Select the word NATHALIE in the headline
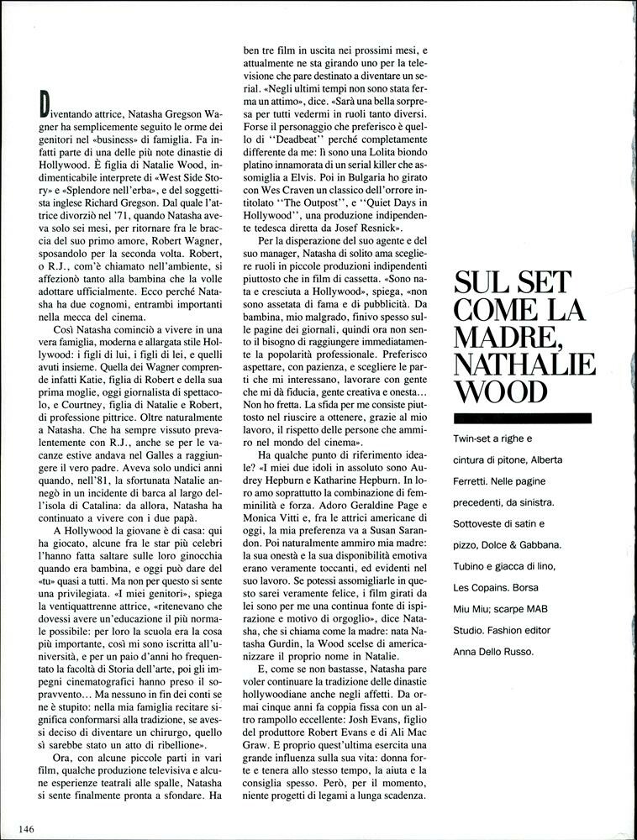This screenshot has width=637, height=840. [524, 364]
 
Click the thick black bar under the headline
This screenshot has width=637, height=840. [521, 417]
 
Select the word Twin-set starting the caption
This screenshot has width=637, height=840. [475, 439]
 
